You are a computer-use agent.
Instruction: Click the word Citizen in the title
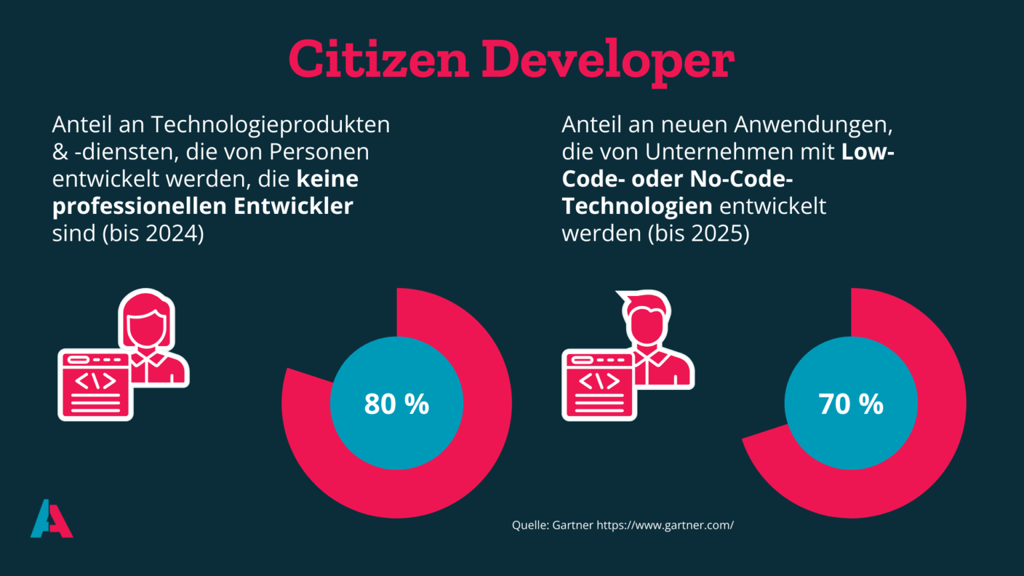pos(379,60)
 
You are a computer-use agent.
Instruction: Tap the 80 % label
pos(397,404)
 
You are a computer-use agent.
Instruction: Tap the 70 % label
pos(851,404)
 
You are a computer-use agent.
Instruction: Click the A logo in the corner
pos(51,519)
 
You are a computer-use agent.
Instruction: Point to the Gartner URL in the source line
pos(665,525)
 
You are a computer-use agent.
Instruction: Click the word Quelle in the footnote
pos(530,525)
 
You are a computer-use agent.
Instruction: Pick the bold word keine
pos(327,179)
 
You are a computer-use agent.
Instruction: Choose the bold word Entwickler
pos(293,206)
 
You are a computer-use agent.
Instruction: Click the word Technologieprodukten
pos(270,125)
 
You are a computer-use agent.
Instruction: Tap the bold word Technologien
pos(637,206)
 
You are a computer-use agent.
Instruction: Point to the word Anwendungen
pos(813,125)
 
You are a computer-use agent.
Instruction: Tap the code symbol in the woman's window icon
pos(95,381)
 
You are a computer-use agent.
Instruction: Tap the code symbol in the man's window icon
pos(599,381)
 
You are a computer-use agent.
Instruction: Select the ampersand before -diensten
pos(60,152)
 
